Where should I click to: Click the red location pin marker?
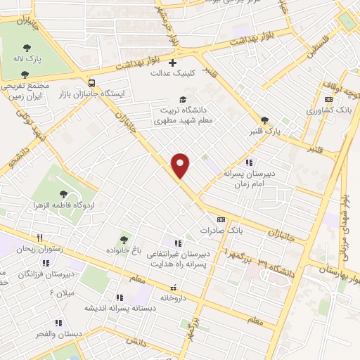[x=181, y=165]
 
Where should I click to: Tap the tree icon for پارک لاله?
[x=27, y=47]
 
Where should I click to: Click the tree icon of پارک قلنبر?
[x=264, y=120]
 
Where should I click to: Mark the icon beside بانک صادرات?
[x=221, y=219]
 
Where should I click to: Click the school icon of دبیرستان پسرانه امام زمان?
[x=248, y=162]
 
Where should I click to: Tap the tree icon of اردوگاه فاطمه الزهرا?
[x=65, y=193]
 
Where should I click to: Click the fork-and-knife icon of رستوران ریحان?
[x=41, y=238]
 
